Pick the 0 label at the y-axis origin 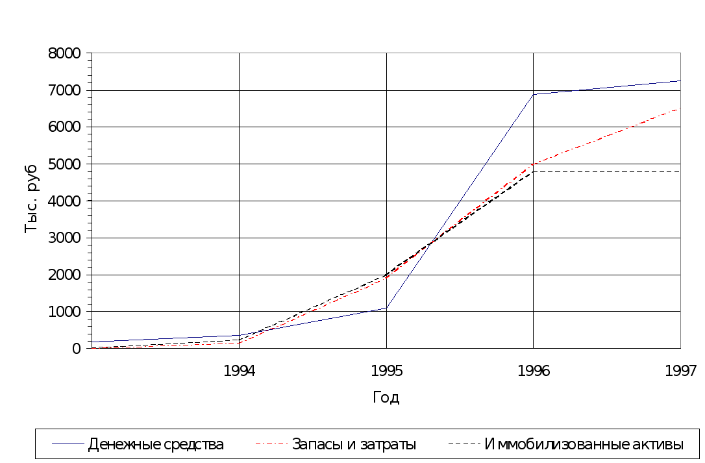77,349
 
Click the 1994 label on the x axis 240,371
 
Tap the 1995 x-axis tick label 387,371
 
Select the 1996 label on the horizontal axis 534,371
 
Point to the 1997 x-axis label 681,371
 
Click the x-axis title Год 386,397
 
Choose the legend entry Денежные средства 156,445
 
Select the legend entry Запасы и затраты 354,445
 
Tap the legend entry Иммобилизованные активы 584,445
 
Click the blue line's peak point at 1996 534,94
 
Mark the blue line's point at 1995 387,308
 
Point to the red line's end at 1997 680,108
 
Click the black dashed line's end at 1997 680,171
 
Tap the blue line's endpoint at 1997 680,81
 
